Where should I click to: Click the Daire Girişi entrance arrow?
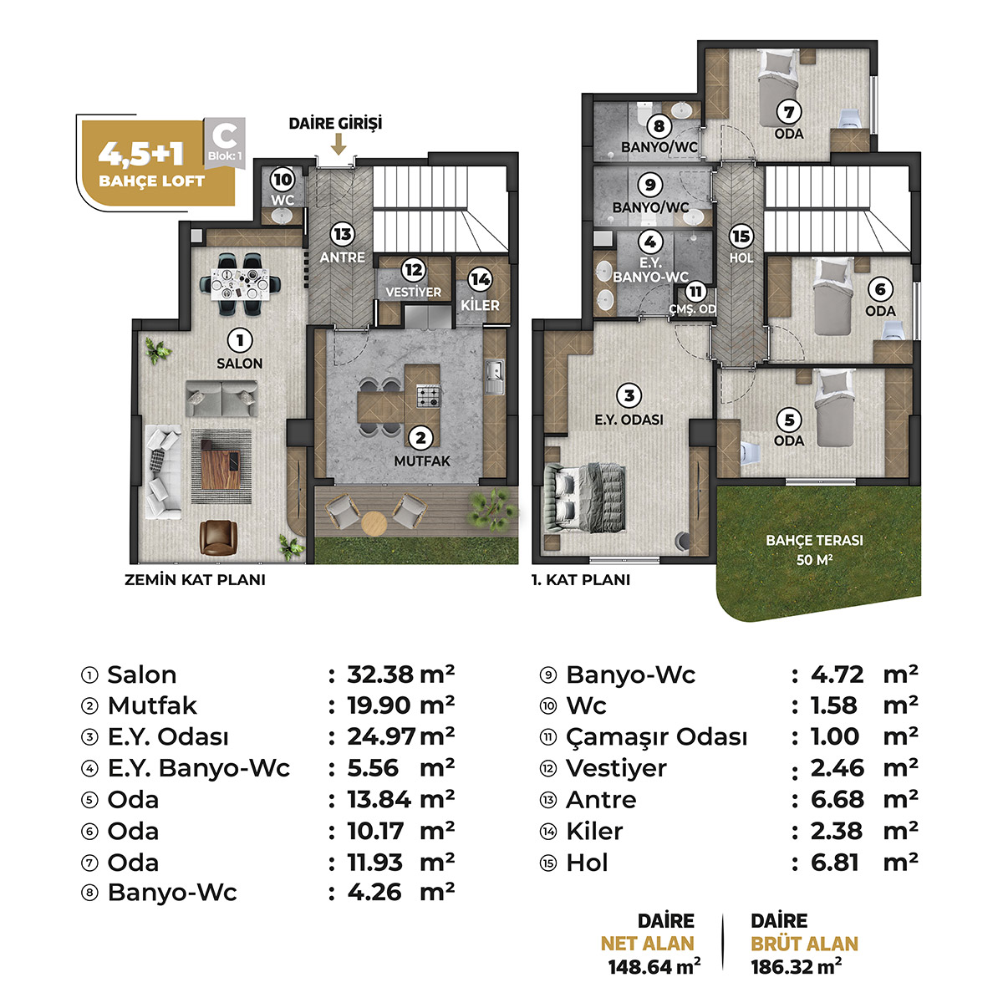339,144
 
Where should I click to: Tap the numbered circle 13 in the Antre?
343,235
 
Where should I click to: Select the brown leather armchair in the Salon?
218,537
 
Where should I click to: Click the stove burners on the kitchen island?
428,397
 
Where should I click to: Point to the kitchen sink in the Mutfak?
495,377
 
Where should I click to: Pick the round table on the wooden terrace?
374,523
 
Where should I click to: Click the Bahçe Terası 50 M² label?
814,550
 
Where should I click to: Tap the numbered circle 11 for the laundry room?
695,292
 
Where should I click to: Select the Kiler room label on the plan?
480,305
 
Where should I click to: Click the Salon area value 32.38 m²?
401,675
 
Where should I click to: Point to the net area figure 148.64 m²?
654,967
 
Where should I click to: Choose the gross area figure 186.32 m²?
797,967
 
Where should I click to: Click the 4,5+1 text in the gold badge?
141,153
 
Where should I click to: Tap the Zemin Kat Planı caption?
196,580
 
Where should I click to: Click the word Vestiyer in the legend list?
616,768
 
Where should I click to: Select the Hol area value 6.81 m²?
864,863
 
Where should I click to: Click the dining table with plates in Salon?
241,283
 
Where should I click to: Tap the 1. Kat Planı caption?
581,580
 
